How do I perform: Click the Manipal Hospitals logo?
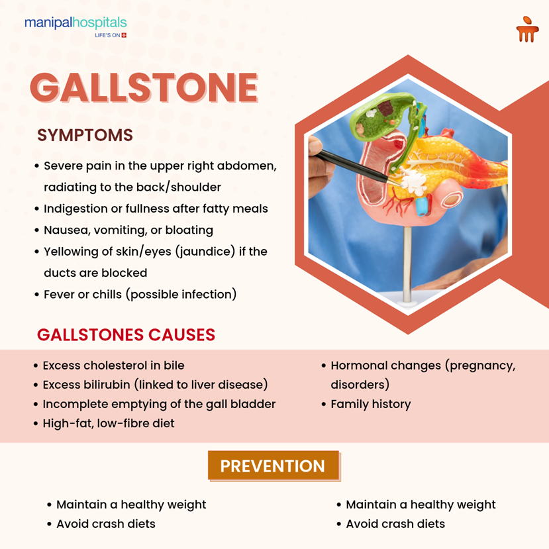75,26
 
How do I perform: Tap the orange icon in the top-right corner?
526,29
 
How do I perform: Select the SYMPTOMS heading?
85,135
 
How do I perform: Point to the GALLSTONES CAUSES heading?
126,334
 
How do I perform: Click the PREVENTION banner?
273,466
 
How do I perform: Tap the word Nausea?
64,230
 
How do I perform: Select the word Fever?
59,294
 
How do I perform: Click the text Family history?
370,404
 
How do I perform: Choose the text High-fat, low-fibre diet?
109,423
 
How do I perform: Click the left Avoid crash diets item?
106,524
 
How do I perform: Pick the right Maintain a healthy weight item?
421,505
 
